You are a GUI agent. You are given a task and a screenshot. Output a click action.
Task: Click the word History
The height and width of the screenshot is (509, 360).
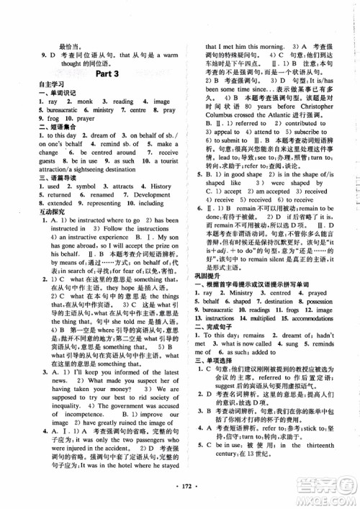[161, 187]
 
